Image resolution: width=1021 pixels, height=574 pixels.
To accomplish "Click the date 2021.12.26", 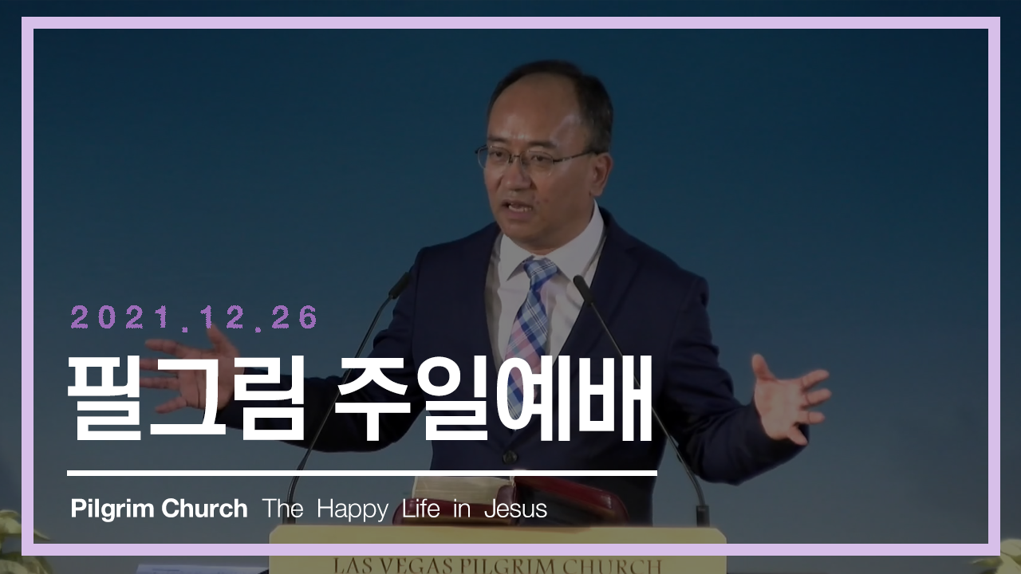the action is coord(194,317).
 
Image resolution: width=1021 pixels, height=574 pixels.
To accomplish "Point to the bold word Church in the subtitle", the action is coord(204,509).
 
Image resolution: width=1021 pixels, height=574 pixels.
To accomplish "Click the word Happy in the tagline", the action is coord(353,509).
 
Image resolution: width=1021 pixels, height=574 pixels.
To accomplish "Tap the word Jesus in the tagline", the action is coord(515,509).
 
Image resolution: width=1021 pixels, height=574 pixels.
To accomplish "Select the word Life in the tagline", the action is coord(420,509).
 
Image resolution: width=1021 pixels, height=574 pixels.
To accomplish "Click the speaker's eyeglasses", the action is coord(531,160).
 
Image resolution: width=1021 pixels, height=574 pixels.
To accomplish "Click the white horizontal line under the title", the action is coord(362,474).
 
